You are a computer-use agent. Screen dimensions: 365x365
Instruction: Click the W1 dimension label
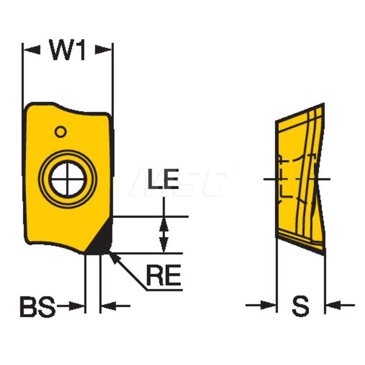[x=67, y=50]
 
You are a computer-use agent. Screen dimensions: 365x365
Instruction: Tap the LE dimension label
[x=163, y=178]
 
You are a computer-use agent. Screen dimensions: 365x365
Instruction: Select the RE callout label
[x=164, y=275]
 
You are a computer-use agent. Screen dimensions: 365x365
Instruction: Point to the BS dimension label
[x=38, y=306]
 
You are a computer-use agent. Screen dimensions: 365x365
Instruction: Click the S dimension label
[x=301, y=306]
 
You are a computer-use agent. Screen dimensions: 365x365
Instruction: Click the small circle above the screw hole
[x=61, y=132]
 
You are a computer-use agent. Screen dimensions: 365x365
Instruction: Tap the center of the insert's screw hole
[x=68, y=179]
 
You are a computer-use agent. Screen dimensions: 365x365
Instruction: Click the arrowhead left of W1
[x=32, y=50]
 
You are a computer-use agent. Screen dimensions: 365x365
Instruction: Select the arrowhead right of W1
[x=103, y=50]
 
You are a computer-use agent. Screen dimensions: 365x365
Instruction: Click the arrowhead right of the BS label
[x=76, y=306]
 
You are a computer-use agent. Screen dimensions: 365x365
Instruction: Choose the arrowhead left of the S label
[x=268, y=305]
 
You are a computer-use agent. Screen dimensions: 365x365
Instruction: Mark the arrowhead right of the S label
[x=333, y=305]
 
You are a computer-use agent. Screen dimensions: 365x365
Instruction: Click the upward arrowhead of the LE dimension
[x=164, y=224]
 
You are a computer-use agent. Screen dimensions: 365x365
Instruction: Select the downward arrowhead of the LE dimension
[x=164, y=245]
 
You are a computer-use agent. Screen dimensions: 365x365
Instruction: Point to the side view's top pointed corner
[x=323, y=103]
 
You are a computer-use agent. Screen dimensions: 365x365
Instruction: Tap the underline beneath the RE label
[x=164, y=290]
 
